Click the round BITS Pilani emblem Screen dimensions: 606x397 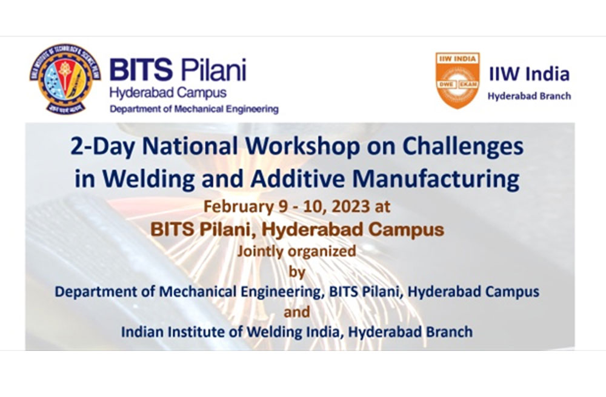click(65, 78)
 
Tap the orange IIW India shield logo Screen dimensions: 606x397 click(458, 81)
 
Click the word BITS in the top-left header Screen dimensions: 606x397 click(141, 69)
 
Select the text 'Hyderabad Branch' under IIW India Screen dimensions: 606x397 click(529, 96)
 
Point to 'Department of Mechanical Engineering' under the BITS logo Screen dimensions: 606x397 click(194, 109)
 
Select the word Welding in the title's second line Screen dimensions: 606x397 click(149, 179)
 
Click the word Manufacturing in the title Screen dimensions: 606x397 click(436, 179)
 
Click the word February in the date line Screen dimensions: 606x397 click(238, 207)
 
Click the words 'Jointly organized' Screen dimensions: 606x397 click(296, 252)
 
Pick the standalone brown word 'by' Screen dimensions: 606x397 click(297, 273)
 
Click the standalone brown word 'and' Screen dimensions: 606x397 click(297, 312)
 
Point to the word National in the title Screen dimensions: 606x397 click(190, 147)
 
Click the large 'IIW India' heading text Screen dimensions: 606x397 click(529, 74)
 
